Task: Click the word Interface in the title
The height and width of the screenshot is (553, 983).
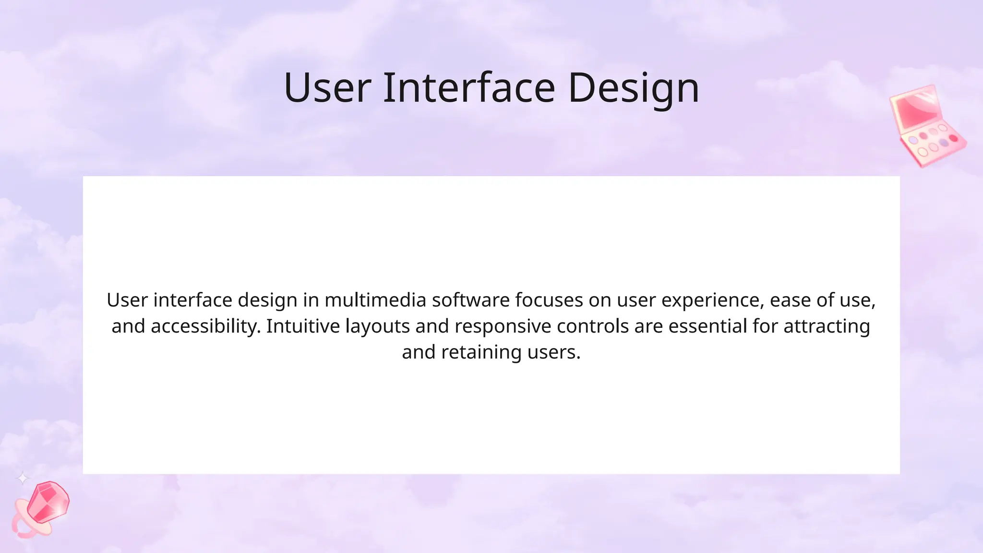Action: pyautogui.click(x=468, y=88)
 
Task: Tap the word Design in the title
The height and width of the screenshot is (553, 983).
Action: pyautogui.click(x=634, y=89)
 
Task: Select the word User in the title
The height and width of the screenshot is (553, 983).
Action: pyautogui.click(x=327, y=88)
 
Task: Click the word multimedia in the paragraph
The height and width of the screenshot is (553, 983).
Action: pyautogui.click(x=375, y=300)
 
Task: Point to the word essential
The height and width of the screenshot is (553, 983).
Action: pyautogui.click(x=707, y=326)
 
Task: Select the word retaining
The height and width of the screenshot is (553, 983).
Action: pyautogui.click(x=481, y=352)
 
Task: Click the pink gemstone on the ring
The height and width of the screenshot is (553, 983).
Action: pyautogui.click(x=48, y=502)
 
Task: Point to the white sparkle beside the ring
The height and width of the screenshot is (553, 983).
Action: pyautogui.click(x=23, y=478)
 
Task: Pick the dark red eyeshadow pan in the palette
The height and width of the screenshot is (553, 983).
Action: pyautogui.click(x=953, y=138)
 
